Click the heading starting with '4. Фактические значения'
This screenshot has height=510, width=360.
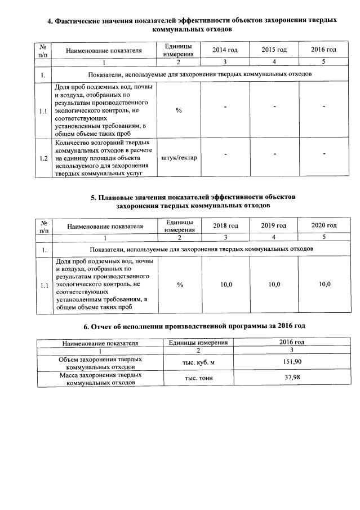(x=192, y=24)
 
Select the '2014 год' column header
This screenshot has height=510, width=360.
(x=225, y=50)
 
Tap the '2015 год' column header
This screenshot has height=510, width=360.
(x=274, y=50)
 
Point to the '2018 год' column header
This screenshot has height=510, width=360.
(x=225, y=225)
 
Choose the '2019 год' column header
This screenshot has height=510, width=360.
(x=274, y=225)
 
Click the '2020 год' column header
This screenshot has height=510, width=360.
(x=324, y=225)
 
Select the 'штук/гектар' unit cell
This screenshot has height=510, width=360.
(x=179, y=157)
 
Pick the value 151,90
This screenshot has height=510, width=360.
(x=291, y=362)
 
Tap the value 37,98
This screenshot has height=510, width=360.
(x=291, y=378)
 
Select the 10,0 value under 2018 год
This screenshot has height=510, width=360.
(x=226, y=285)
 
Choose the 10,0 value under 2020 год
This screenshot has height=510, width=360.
(x=325, y=285)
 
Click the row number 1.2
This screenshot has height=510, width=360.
(x=43, y=158)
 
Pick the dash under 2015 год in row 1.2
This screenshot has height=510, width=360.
(x=274, y=154)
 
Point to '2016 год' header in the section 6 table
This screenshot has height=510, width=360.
(x=291, y=342)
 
